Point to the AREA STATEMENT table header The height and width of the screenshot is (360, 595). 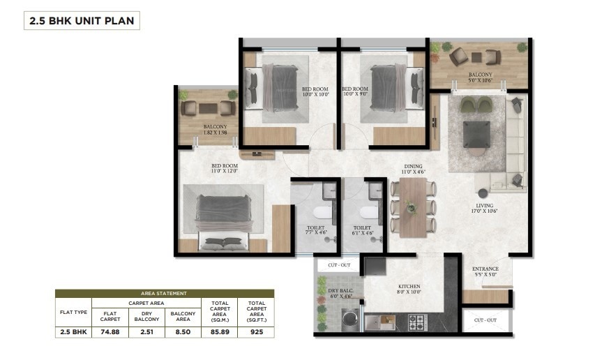coord(164,294)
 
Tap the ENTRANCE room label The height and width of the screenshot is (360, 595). coord(485,271)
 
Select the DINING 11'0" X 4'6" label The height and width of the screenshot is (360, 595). coord(414,170)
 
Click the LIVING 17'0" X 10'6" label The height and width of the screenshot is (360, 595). coord(485,208)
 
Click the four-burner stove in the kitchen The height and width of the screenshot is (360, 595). coord(416,322)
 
